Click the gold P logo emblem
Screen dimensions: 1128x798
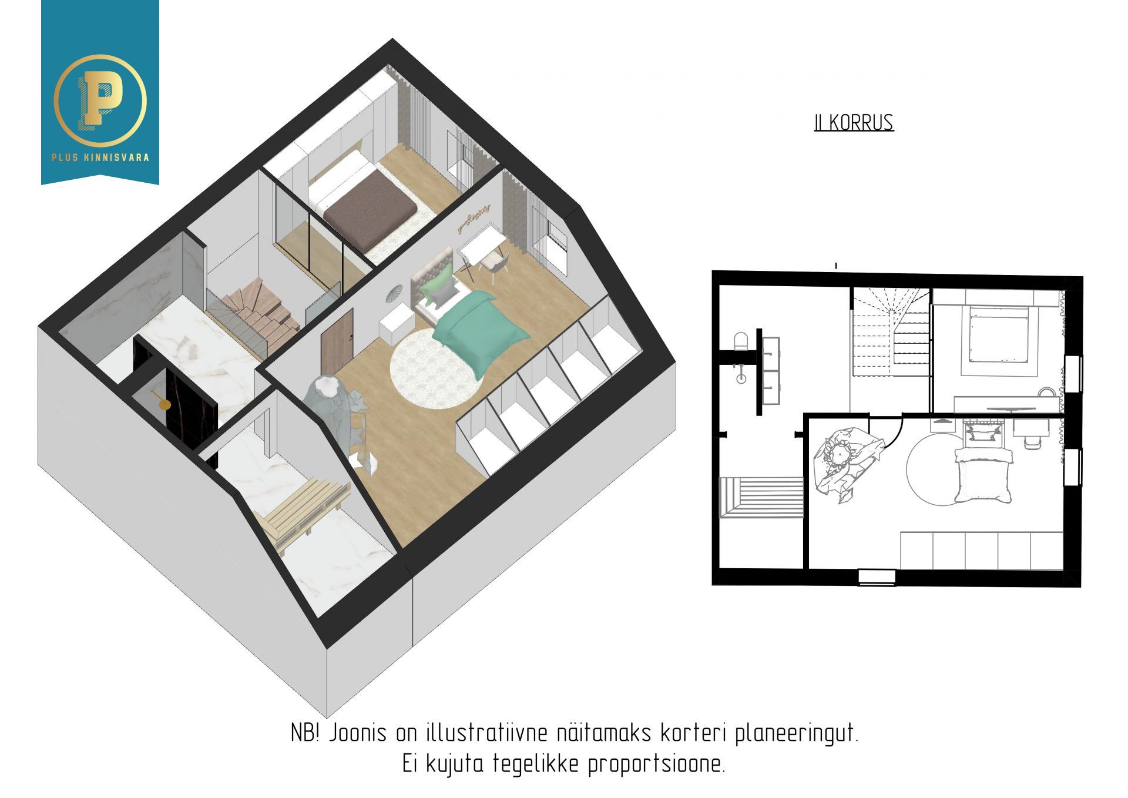pyautogui.click(x=100, y=99)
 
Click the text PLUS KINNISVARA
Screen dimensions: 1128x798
pyautogui.click(x=100, y=157)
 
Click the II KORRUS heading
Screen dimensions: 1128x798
pyautogui.click(x=854, y=123)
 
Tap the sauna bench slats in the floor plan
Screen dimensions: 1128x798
pyautogui.click(x=761, y=497)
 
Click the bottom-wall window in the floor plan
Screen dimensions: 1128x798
pyautogui.click(x=877, y=577)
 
